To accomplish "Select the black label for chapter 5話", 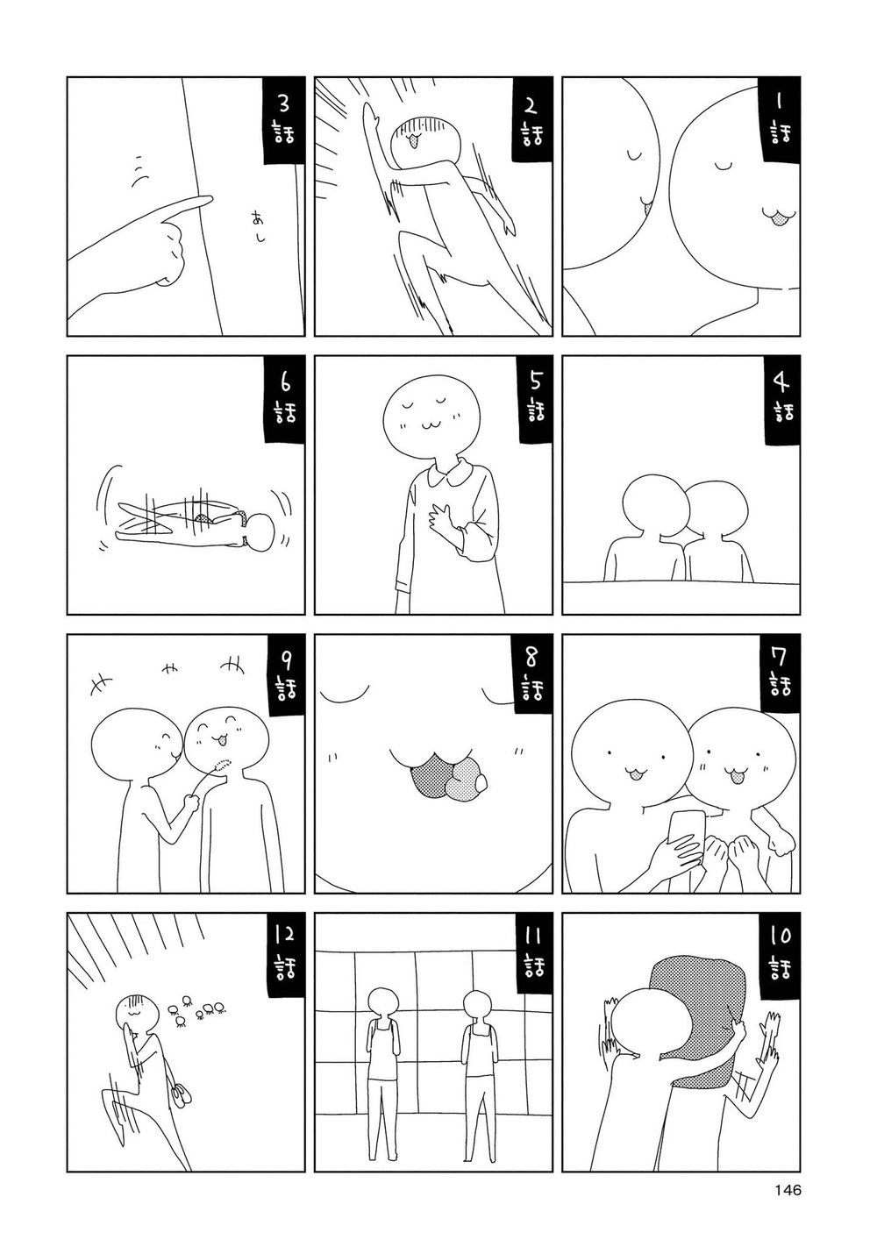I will [x=531, y=399].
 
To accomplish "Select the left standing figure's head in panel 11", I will [x=382, y=1004].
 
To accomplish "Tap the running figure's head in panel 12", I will [x=133, y=1015].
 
